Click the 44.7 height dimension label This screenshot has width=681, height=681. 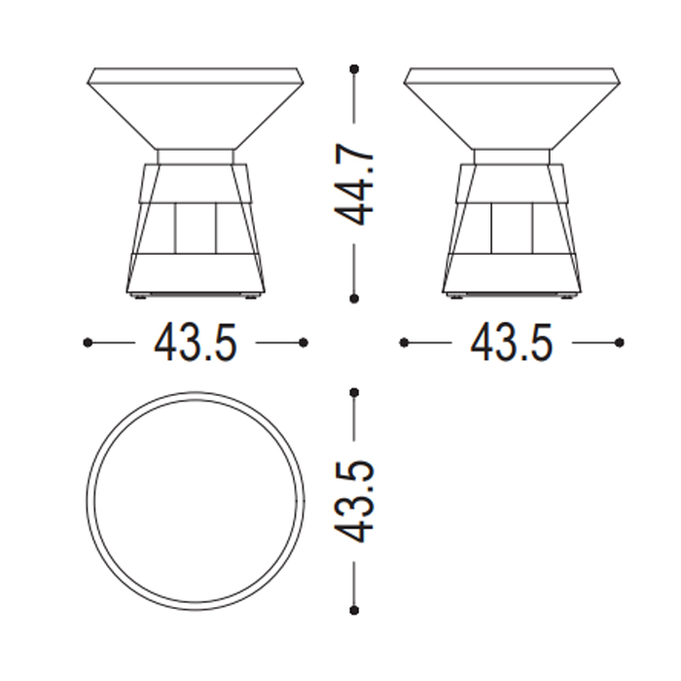(353, 184)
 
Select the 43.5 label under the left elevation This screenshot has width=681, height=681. (196, 343)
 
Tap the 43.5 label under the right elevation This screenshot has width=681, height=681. (512, 343)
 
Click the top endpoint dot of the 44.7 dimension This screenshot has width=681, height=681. (354, 69)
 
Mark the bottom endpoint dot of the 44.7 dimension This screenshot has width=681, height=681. (354, 299)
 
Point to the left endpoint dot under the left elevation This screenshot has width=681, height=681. (88, 343)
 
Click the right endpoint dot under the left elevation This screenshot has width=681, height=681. (304, 343)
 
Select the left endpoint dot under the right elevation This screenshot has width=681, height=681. (404, 343)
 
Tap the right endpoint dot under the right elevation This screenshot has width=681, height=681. (620, 343)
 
